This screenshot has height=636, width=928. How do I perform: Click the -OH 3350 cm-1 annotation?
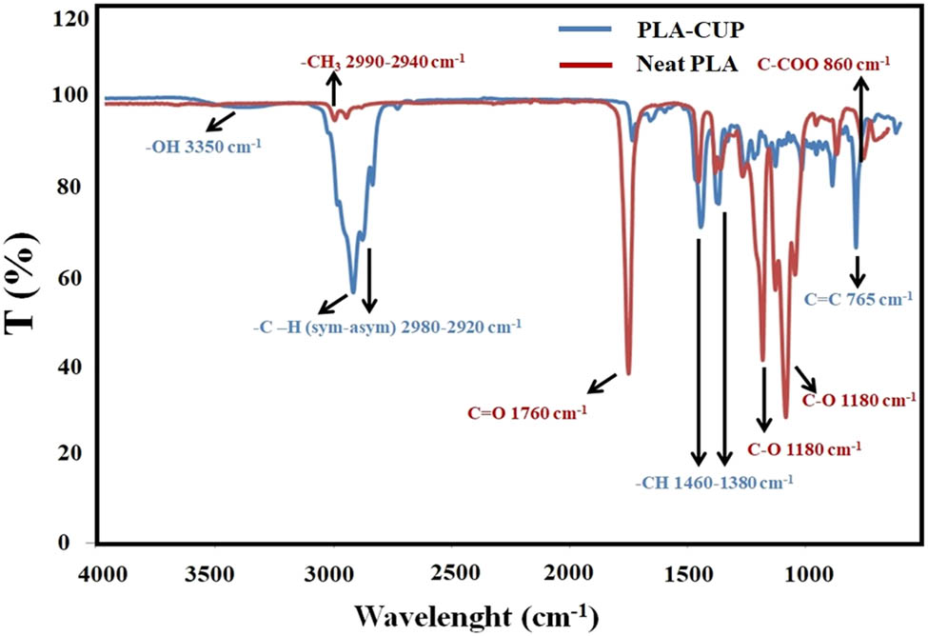[x=203, y=147]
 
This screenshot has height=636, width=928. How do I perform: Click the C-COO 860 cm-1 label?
[x=824, y=65]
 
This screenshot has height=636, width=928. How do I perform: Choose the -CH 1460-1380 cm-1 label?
[x=714, y=482]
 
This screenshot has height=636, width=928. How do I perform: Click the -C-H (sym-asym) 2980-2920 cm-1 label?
[x=386, y=328]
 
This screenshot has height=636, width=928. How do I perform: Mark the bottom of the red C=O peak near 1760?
[x=628, y=373]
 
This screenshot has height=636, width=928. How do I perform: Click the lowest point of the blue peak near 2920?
[x=353, y=292]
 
